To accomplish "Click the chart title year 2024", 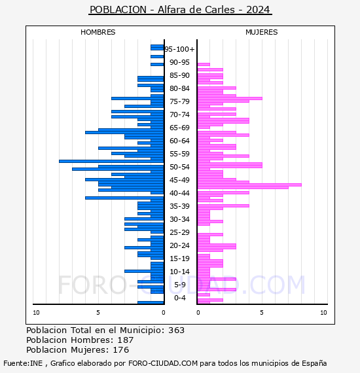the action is (258, 10).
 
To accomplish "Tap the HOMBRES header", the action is (98, 32).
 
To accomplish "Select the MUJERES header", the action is (262, 32).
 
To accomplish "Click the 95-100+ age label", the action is (179, 49).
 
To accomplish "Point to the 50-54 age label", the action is (179, 167).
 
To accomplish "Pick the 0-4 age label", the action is (179, 298).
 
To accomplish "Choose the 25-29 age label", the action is (179, 232).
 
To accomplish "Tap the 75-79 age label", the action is (179, 101).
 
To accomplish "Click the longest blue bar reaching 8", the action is (111, 161).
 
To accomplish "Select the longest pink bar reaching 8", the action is (249, 185).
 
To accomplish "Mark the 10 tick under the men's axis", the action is (36, 313).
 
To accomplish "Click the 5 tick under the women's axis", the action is (262, 313).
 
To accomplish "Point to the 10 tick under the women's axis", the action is (323, 313).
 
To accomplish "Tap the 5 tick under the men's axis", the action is (98, 313).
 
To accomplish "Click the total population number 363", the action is (176, 330).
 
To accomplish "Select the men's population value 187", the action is (126, 340).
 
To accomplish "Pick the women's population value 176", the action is (121, 349).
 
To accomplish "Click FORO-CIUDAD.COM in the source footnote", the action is (163, 363).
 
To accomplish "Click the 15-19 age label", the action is (179, 258).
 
